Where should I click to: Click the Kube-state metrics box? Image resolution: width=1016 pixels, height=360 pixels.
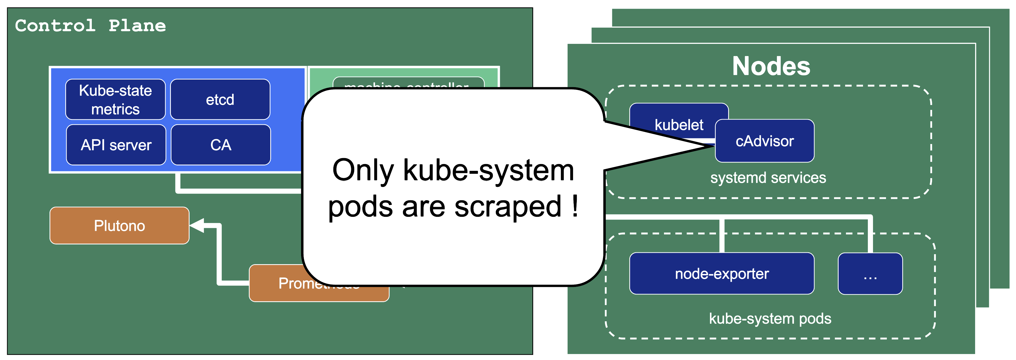pos(115,99)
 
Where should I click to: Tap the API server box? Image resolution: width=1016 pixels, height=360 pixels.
pos(116,145)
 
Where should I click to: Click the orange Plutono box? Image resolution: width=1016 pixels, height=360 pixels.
pos(119,225)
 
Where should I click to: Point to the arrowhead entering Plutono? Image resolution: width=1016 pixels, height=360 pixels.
pos(196,225)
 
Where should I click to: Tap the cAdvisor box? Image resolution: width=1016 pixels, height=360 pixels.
pos(764,141)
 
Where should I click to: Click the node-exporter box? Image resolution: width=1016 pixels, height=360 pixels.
pos(722,274)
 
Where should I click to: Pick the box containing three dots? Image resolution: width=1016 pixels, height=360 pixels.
pos(870,274)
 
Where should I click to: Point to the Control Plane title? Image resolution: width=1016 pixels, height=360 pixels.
pos(90,26)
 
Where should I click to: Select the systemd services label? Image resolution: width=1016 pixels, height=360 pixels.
pos(768,178)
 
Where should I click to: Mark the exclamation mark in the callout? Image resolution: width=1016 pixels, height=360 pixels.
pos(575,206)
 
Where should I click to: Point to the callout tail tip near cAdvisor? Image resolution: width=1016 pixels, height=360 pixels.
pos(712,146)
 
